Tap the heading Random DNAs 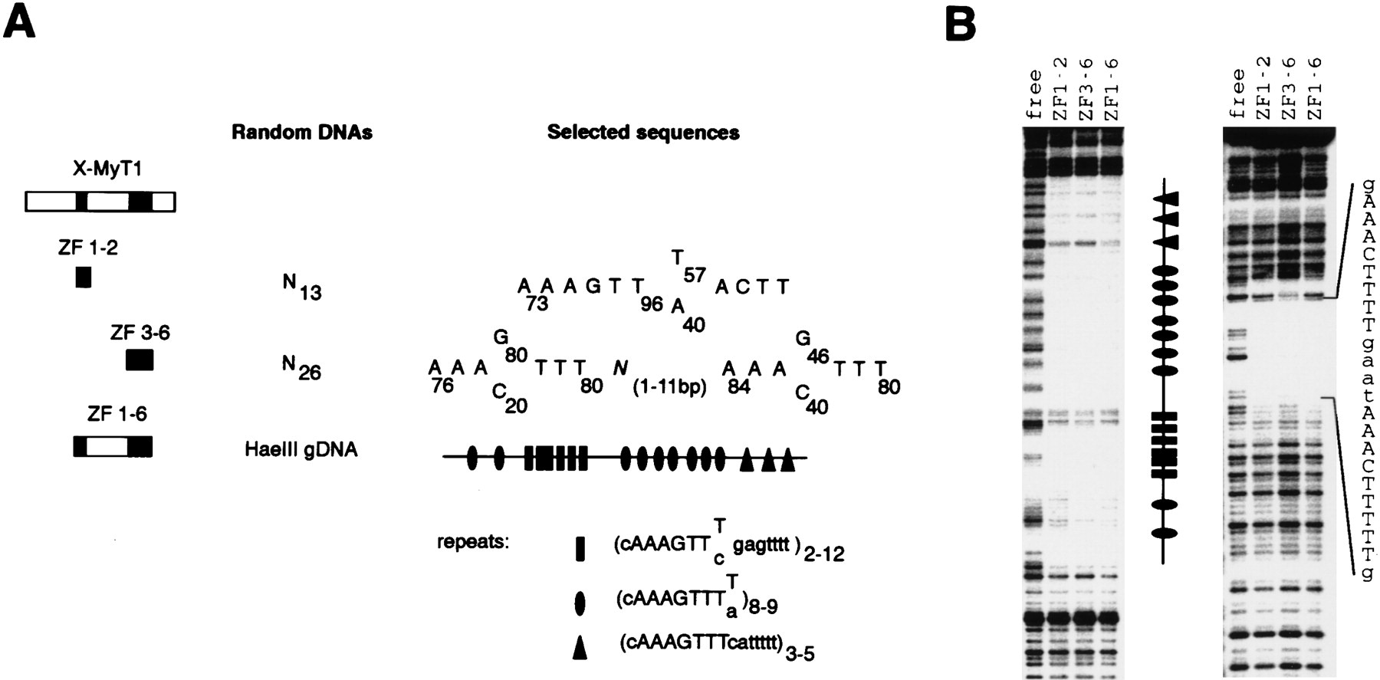click(x=302, y=133)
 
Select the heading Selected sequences click(x=643, y=133)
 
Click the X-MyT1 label click(x=107, y=169)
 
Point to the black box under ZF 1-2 click(x=84, y=277)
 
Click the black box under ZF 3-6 click(x=140, y=360)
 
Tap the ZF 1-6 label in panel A click(x=117, y=415)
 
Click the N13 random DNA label click(x=301, y=288)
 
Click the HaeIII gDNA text click(x=301, y=449)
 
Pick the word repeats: click(x=473, y=542)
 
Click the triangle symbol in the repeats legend click(x=580, y=649)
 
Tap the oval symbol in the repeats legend click(x=580, y=604)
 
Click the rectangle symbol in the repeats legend click(x=580, y=549)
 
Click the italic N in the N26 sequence click(x=619, y=367)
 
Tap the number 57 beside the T click(x=695, y=275)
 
